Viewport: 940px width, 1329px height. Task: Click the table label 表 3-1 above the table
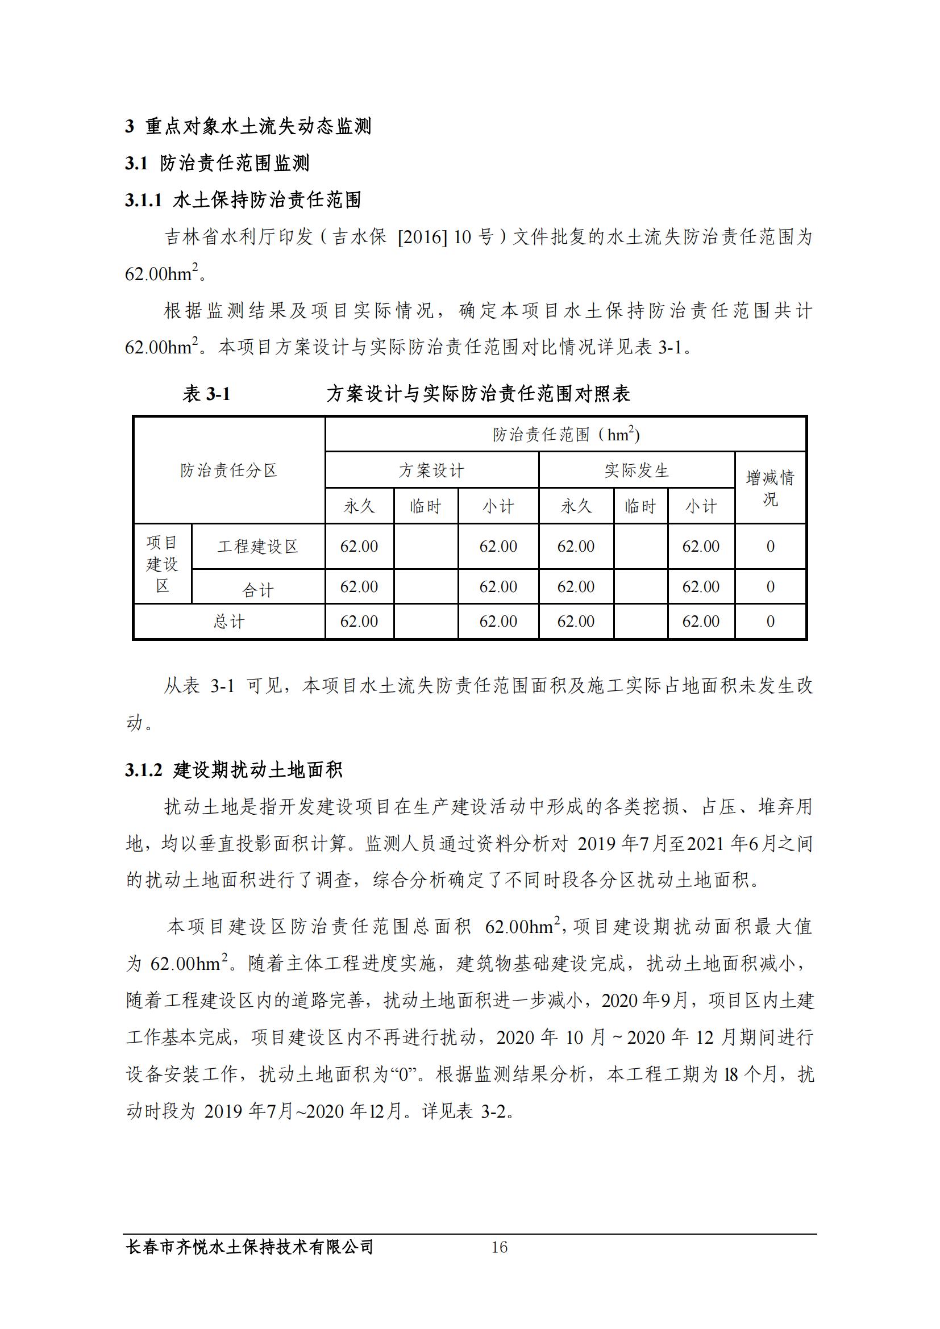pyautogui.click(x=207, y=394)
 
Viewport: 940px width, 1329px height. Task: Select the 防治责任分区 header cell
pyautogui.click(x=229, y=470)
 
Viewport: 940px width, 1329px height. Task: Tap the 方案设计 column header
pyautogui.click(x=431, y=470)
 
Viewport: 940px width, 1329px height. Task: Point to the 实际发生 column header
pyautogui.click(x=637, y=470)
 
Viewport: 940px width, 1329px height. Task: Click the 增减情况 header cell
pyautogui.click(x=770, y=488)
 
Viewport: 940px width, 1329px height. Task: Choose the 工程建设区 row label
pyautogui.click(x=257, y=547)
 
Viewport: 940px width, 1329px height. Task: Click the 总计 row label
pyautogui.click(x=229, y=622)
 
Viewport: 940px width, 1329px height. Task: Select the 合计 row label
pyautogui.click(x=257, y=590)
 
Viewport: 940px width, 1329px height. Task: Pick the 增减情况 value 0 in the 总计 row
pyautogui.click(x=771, y=622)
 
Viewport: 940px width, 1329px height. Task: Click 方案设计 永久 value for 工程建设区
pyautogui.click(x=359, y=547)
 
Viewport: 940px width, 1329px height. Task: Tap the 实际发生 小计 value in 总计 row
pyautogui.click(x=700, y=622)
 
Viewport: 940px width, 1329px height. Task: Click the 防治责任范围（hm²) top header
pyautogui.click(x=565, y=435)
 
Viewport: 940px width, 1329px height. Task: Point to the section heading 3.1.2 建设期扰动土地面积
pyautogui.click(x=234, y=770)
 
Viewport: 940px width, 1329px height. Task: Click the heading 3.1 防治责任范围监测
pyautogui.click(x=217, y=163)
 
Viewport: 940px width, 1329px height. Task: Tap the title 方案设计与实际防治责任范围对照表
pyautogui.click(x=478, y=394)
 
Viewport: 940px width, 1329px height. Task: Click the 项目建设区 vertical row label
pyautogui.click(x=162, y=564)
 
